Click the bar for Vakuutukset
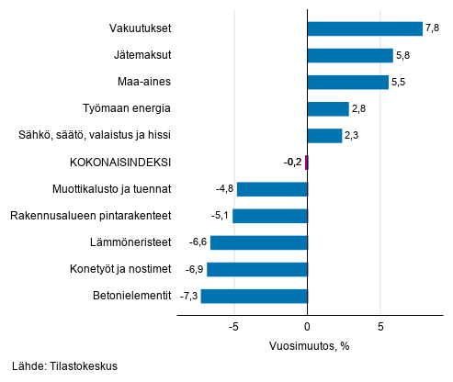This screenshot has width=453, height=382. pos(365,28)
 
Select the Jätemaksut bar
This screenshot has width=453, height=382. pos(350,55)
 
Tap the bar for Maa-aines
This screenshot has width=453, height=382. pos(348,82)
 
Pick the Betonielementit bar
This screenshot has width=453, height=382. pos(254,296)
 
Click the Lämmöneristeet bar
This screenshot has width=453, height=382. pos(259,242)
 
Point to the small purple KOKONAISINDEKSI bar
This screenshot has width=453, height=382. pos(306,163)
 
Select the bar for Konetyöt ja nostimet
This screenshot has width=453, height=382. pos(257,269)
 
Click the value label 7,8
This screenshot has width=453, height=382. pos(433,28)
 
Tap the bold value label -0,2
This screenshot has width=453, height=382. pos(292,163)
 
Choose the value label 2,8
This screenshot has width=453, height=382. pos(360,109)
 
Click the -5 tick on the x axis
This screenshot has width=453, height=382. pos(234,326)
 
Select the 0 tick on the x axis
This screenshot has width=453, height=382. pos(307,326)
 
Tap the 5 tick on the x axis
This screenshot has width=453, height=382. pos(379,326)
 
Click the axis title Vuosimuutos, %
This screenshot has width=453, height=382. pos(310,346)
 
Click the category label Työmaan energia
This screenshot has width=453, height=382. pos(126,109)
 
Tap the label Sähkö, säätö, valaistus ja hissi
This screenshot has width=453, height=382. pos(95,136)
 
